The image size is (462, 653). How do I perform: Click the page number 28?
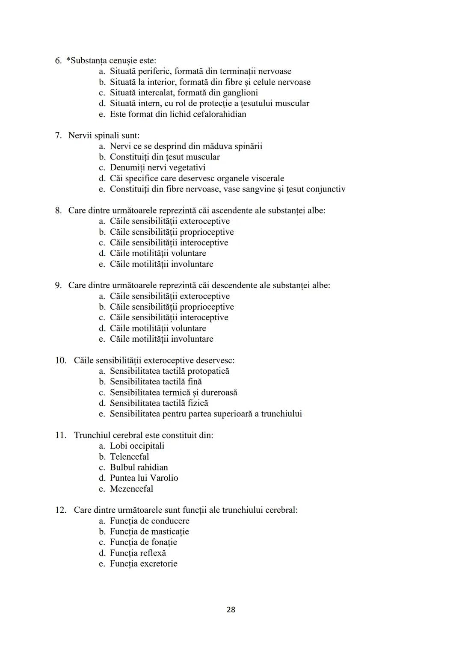[x=231, y=609]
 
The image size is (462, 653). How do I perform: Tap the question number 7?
[x=59, y=136]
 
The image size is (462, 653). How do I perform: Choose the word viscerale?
[x=264, y=178]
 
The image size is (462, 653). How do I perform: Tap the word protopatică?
[x=208, y=371]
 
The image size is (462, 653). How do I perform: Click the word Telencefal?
[x=129, y=457]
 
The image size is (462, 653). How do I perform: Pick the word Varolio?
[x=164, y=478]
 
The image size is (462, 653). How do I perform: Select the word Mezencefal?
[x=131, y=489]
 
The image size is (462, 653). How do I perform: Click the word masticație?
[x=170, y=532]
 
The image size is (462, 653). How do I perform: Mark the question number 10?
[x=61, y=360]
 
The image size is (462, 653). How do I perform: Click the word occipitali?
[x=147, y=446]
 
